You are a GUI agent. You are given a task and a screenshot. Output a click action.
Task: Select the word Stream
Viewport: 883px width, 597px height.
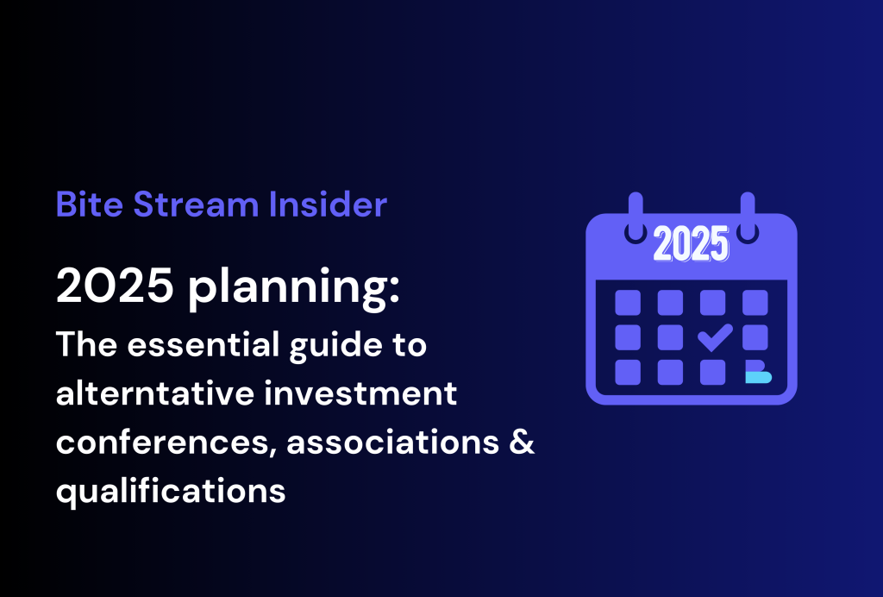coord(185,205)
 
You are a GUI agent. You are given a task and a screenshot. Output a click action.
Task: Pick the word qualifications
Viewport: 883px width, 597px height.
coord(171,492)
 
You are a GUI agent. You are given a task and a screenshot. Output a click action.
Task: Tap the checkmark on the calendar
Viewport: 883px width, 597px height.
coord(714,337)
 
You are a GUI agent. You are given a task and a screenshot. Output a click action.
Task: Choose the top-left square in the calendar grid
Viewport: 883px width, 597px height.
coord(628,302)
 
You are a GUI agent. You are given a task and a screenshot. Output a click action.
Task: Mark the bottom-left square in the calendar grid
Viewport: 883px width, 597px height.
coord(628,372)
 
